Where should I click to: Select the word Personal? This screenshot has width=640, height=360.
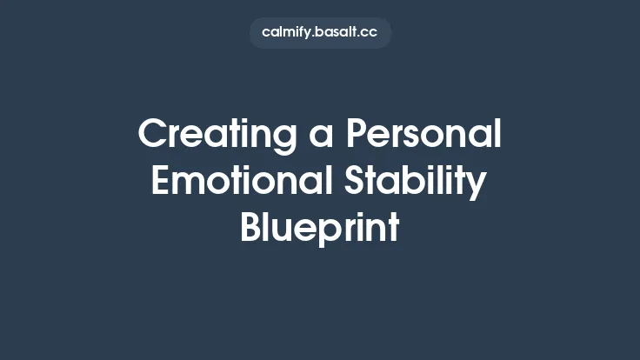pyautogui.click(x=424, y=135)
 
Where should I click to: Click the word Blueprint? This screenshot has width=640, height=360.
pyautogui.click(x=319, y=228)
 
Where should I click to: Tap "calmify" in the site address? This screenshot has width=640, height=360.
pyautogui.click(x=288, y=33)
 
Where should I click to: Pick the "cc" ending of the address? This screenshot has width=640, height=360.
pyautogui.click(x=370, y=33)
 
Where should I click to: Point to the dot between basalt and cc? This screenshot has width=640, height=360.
pyautogui.click(x=360, y=37)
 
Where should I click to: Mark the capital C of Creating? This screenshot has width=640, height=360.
pyautogui.click(x=151, y=135)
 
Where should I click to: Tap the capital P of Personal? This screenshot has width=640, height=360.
pyautogui.click(x=357, y=135)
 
